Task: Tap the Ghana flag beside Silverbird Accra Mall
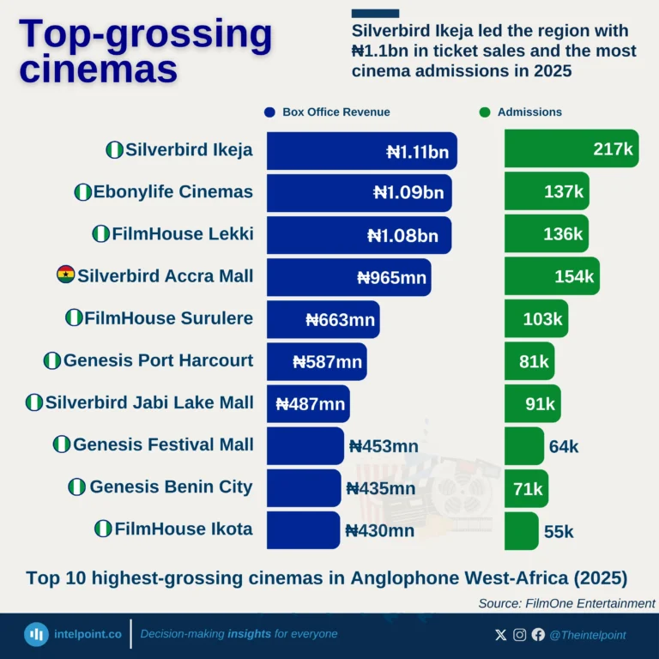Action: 65,275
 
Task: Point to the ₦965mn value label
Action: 391,277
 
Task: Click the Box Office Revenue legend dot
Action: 269,112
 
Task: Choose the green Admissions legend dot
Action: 485,112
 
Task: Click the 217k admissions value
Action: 613,149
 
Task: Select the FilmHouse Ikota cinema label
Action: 183,529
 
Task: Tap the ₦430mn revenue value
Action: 379,531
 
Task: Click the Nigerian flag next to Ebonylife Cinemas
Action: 83,192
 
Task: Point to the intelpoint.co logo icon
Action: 36,634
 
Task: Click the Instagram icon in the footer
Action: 519,635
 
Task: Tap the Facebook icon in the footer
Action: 538,635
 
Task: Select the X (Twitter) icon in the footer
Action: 501,635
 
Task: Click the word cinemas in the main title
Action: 98,69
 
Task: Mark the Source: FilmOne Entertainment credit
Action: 566,603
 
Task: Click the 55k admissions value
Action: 559,532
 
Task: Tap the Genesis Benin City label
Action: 171,487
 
